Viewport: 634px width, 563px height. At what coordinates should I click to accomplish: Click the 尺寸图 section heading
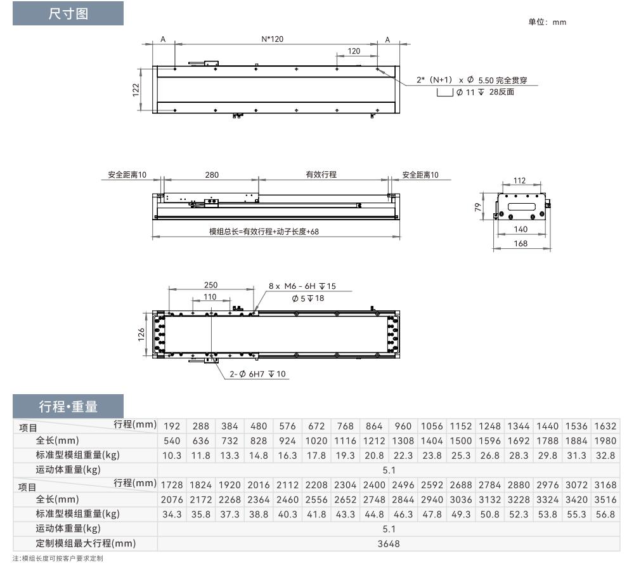68,14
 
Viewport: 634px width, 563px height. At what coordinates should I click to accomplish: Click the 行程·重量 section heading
68,406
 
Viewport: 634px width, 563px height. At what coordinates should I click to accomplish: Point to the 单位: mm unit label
547,22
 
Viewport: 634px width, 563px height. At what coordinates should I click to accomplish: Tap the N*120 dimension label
272,39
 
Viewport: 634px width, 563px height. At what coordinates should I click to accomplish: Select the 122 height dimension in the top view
136,89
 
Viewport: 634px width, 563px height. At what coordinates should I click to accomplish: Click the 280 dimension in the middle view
212,175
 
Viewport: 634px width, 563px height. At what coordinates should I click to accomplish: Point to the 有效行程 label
321,175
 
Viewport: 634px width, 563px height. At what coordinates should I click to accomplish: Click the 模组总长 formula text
264,232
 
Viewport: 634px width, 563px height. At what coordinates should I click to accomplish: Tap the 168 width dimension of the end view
521,243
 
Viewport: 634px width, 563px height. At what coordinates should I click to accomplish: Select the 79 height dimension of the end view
478,207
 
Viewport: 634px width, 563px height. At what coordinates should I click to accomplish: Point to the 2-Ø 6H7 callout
257,374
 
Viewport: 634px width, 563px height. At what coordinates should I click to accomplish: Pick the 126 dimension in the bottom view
141,334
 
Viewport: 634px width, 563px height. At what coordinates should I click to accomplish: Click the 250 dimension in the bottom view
210,285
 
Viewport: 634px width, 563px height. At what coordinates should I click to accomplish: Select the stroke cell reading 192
172,426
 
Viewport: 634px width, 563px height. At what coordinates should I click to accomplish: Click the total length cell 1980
605,440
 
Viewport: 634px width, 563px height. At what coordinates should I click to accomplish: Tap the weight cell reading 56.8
605,514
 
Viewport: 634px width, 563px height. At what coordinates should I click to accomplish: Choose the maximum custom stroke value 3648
389,544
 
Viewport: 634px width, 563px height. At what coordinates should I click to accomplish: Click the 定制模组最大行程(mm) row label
86,543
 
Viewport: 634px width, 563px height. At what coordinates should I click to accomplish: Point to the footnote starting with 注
58,558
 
